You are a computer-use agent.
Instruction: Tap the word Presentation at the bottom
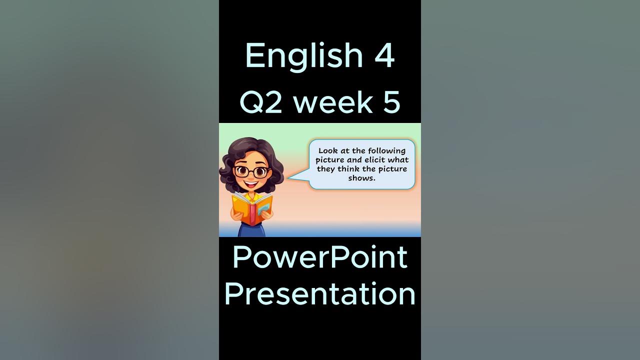point(320,294)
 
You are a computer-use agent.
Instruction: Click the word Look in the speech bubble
point(328,150)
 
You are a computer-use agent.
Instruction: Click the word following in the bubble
point(387,150)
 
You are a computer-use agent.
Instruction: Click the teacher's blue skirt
point(251,230)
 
